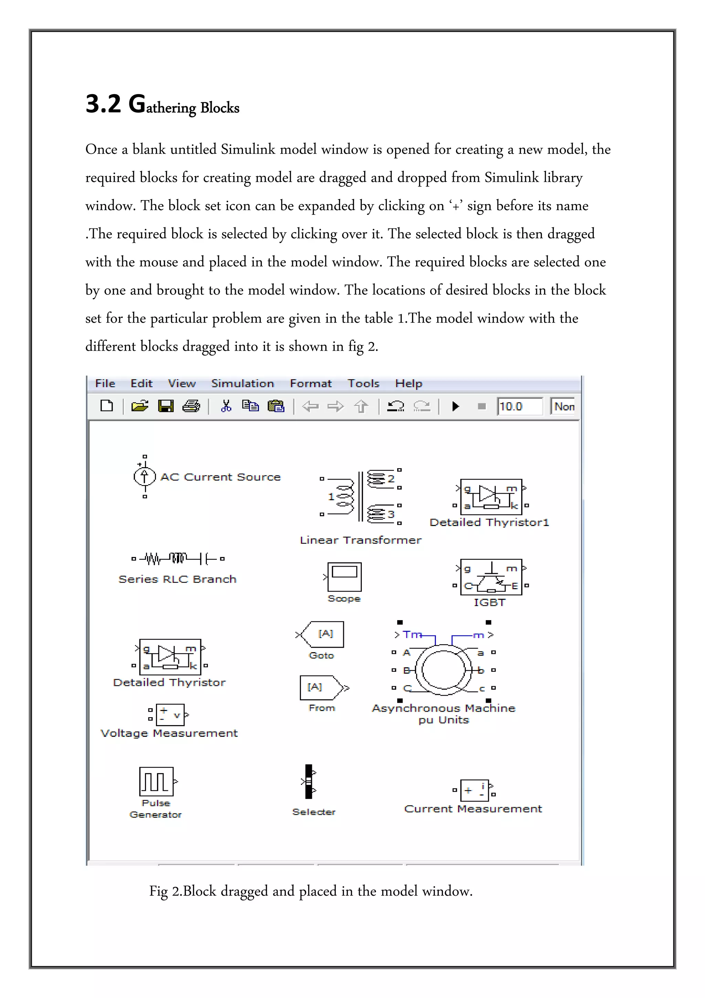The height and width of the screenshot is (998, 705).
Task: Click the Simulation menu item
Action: (242, 383)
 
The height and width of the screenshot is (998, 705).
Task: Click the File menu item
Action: (105, 383)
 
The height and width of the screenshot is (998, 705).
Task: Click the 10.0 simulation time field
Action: (519, 407)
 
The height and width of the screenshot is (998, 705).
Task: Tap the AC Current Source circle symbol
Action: (145, 476)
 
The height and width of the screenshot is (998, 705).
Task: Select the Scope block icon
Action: (345, 577)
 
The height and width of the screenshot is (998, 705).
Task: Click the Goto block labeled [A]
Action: (324, 634)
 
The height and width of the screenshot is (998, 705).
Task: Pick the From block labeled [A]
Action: (319, 687)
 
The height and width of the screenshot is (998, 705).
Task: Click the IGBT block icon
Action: (491, 577)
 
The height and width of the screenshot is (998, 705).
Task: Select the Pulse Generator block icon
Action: (156, 781)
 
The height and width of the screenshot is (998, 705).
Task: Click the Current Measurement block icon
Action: (474, 790)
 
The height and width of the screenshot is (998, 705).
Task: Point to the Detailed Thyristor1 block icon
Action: (491, 497)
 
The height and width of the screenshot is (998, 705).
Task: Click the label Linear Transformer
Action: (360, 540)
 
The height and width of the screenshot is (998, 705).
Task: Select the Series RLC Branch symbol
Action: (178, 558)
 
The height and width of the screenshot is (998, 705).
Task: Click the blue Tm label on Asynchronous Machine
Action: (412, 635)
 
